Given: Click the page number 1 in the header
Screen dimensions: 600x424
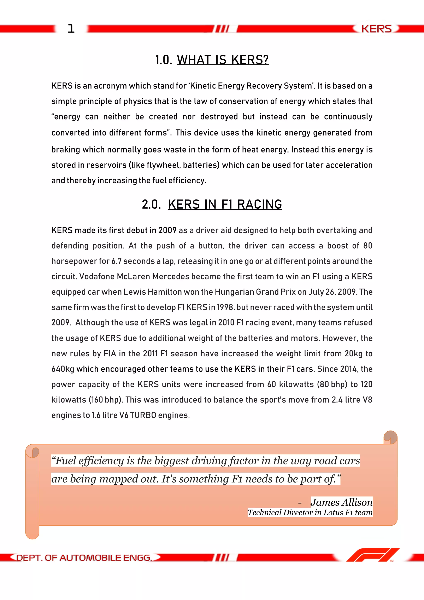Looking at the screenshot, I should click(x=71, y=29).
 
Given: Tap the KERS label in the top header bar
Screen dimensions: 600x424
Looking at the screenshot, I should click(x=376, y=29).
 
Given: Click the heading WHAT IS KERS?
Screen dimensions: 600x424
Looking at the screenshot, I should click(x=223, y=60).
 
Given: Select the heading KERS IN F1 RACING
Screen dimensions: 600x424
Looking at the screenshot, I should click(x=225, y=204).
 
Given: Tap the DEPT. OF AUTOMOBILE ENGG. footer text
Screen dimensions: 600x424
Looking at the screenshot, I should click(x=84, y=558).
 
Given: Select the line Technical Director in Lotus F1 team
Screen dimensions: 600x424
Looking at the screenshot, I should click(x=310, y=512).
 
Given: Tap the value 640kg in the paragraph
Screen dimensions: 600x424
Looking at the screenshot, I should click(x=63, y=369).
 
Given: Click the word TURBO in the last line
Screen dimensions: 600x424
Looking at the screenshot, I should click(x=143, y=415).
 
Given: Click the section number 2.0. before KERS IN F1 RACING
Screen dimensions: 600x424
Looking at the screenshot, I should click(x=151, y=204).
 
